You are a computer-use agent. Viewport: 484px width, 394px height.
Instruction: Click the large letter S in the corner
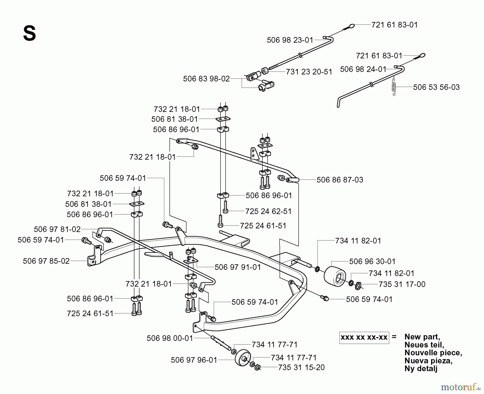click(x=29, y=34)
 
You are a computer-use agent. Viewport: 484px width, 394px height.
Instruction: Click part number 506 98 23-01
click(x=290, y=40)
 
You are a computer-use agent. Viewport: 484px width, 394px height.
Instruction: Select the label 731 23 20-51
click(x=309, y=72)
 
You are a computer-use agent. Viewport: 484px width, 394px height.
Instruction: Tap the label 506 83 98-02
click(x=206, y=79)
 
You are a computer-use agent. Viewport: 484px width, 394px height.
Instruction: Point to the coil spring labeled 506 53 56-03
click(x=394, y=85)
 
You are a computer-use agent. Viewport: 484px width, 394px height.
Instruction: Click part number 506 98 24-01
click(x=363, y=69)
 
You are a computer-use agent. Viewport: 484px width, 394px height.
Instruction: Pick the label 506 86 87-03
click(x=340, y=180)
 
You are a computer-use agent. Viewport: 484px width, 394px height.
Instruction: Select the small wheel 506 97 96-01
click(x=243, y=358)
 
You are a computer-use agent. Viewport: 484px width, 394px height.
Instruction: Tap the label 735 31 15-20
click(x=301, y=367)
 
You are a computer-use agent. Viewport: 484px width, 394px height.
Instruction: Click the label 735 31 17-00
click(x=402, y=284)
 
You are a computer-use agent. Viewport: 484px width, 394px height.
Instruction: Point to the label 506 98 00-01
click(x=170, y=338)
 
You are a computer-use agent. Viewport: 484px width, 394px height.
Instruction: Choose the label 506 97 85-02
click(x=46, y=261)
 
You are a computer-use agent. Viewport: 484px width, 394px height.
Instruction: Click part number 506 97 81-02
click(x=57, y=229)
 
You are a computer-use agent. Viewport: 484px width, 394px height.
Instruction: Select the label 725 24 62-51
click(x=268, y=212)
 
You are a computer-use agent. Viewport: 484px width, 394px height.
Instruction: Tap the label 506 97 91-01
click(x=237, y=267)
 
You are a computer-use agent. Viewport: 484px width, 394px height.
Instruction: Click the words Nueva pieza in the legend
click(x=428, y=361)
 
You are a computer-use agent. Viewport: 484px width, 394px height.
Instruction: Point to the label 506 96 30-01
click(x=372, y=262)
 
